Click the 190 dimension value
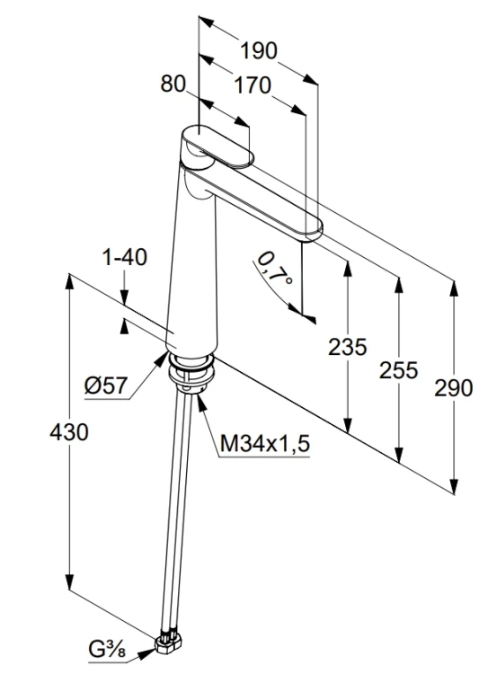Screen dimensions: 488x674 259,50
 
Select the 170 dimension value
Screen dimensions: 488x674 253,85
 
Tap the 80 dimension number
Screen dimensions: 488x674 173,84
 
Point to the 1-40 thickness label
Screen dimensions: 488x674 125,257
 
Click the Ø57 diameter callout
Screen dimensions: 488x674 106,385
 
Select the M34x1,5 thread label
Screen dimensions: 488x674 264,444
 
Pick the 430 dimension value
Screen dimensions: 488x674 69,431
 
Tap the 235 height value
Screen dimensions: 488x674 348,347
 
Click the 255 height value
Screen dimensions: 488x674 398,370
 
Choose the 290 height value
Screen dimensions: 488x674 453,387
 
